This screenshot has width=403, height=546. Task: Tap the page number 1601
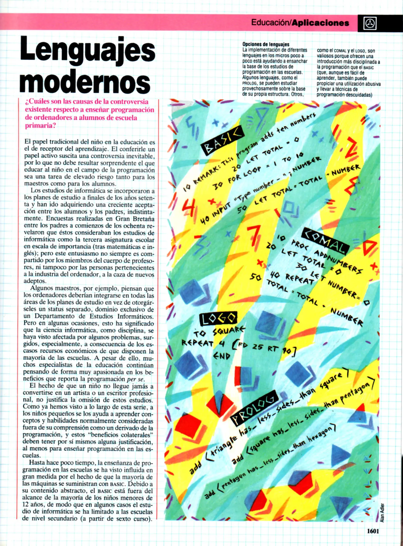(373, 531)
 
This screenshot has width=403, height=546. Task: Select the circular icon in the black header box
(370, 24)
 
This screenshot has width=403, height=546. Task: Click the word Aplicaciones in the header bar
(320, 23)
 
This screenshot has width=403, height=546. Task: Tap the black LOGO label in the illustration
(218, 318)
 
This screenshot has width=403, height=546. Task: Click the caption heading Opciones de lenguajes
(266, 44)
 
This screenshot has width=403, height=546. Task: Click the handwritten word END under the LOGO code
(222, 356)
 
